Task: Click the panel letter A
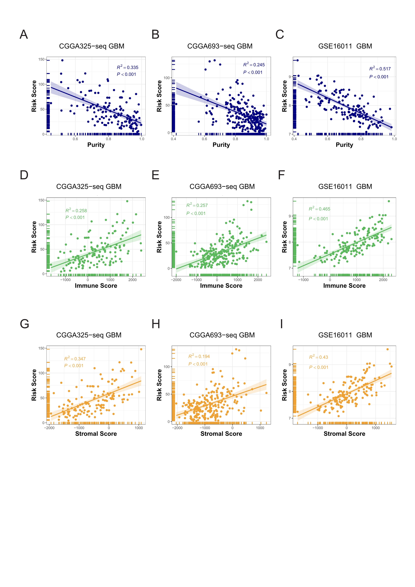24,34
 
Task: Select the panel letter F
281,175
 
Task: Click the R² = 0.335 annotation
128,67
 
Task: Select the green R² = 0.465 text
319,209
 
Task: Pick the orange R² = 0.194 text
199,356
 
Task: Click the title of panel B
220,46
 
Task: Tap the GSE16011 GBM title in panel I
345,335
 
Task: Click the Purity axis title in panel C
344,145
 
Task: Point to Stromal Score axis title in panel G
96,434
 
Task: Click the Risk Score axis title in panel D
34,237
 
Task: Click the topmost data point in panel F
389,201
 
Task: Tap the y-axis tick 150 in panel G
41,348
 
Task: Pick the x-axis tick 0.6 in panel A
75,139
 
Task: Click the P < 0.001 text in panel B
253,72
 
